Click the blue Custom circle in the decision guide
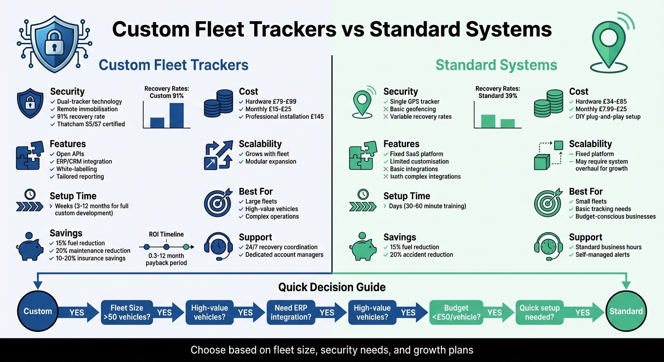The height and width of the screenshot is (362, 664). coord(38,311)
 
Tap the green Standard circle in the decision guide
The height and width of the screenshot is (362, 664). coord(626,311)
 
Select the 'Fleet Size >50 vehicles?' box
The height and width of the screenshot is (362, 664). coord(126,312)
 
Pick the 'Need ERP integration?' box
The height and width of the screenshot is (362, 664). coord(290,312)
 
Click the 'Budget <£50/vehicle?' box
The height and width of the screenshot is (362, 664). coord(456,312)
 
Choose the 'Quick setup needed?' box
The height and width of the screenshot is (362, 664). coord(539,312)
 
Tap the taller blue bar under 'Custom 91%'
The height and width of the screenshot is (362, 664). coord(176,115)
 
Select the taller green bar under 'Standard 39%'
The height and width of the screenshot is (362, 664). coord(489,121)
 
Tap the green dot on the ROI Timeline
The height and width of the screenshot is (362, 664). coord(186,247)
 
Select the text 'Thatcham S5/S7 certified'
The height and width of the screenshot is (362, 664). coord(91,124)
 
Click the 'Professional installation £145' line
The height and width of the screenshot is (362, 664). coord(284,117)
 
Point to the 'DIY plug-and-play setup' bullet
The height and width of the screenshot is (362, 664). coord(608,117)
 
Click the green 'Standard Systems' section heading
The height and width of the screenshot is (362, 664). coord(496,65)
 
